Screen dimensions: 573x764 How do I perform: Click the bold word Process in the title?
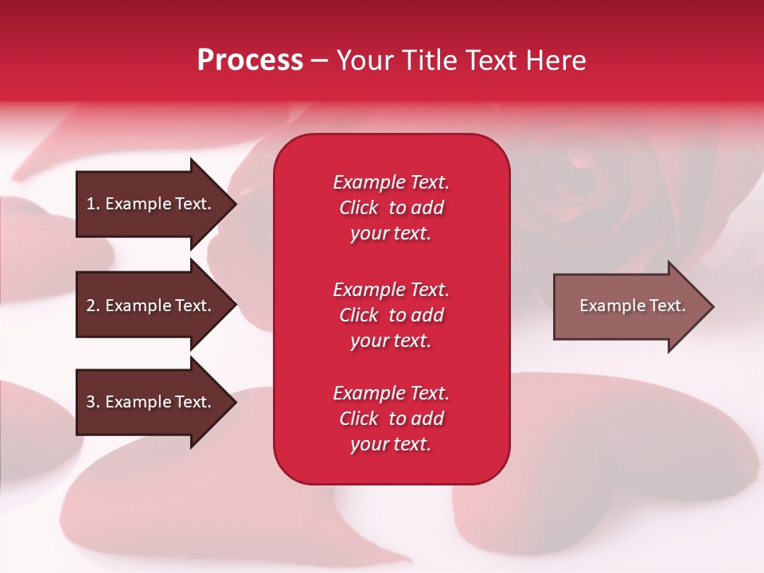coord(250,60)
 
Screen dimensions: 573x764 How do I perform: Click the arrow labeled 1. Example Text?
coord(149,205)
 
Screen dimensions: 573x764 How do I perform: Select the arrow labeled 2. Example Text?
coord(149,306)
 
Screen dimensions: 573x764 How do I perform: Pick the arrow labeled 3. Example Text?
coord(149,402)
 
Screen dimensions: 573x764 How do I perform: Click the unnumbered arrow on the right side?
coord(629,306)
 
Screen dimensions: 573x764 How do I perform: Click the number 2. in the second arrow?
coord(93,306)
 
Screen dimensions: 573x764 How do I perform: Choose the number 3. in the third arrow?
coord(93,402)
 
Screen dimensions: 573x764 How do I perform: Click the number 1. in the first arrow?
coord(93,204)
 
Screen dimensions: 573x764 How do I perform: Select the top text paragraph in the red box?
coord(391,208)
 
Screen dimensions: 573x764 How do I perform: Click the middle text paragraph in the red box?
coord(391,315)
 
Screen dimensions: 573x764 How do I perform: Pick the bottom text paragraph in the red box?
coord(391,419)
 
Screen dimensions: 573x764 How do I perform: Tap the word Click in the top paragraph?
coord(359,208)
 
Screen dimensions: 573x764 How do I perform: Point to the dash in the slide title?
coord(319,61)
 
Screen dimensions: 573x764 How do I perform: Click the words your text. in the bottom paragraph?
coord(391,444)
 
